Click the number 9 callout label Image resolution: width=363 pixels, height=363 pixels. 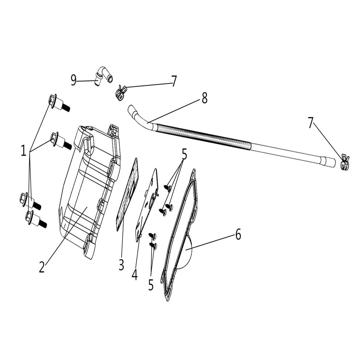click(74, 80)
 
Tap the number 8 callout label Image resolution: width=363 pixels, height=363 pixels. click(204, 98)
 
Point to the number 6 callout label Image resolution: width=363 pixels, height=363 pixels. click(238, 235)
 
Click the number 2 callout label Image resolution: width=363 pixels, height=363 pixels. click(42, 268)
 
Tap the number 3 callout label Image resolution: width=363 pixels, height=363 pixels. click(121, 265)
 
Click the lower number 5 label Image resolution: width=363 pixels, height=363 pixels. click(151, 285)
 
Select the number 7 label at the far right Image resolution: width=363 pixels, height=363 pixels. click(310, 123)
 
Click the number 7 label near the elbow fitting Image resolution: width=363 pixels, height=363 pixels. click(174, 81)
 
